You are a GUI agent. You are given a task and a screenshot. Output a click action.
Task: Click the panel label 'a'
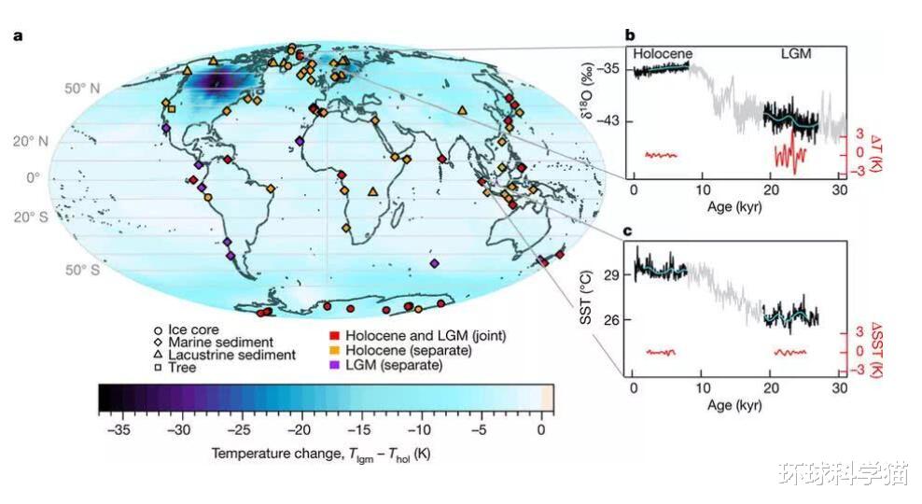click(x=17, y=36)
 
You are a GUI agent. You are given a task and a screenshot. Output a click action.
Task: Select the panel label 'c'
click(x=629, y=230)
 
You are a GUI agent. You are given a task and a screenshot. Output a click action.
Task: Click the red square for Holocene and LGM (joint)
click(x=332, y=334)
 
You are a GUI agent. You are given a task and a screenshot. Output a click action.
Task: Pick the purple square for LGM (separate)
click(x=332, y=364)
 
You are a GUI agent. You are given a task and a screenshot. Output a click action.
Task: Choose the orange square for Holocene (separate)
click(x=332, y=349)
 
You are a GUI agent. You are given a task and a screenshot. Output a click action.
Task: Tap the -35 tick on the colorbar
click(x=117, y=431)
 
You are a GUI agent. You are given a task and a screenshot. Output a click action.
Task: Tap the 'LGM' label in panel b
click(x=795, y=54)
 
